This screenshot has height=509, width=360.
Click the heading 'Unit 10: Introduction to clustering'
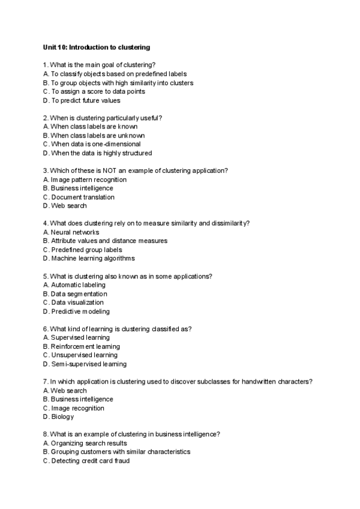pos(96,46)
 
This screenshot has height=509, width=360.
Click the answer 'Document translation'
pos(82,197)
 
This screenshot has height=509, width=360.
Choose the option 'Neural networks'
pos(75,232)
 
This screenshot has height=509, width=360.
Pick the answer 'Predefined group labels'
pos(86,250)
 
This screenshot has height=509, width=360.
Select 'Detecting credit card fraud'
pos(90,460)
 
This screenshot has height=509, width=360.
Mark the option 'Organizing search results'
pos(89,443)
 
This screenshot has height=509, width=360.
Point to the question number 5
pos(46,276)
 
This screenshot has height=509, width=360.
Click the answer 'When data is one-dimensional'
pos(95,144)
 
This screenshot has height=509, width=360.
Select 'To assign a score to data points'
pos(98,92)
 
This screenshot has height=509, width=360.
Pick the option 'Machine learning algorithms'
pos(93,258)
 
